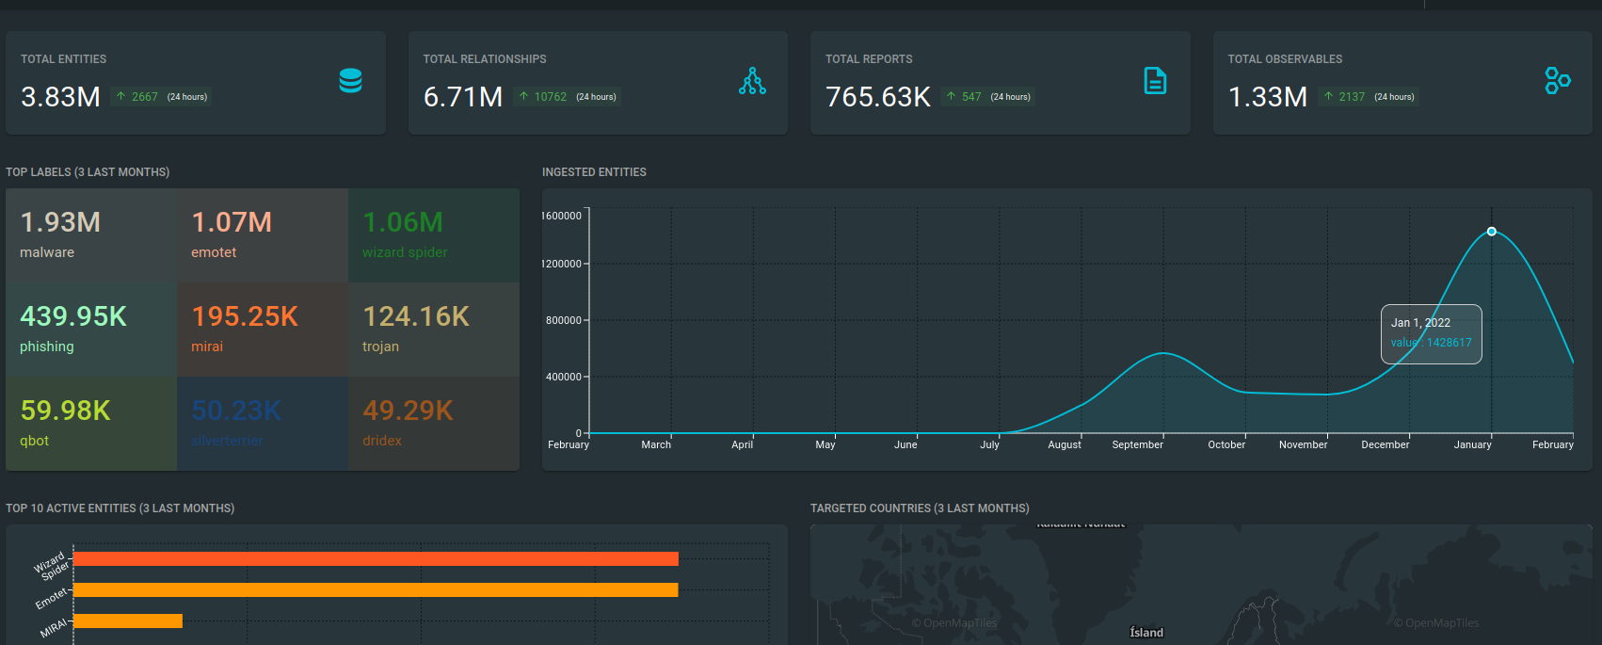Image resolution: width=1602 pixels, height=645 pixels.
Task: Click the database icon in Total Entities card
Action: click(351, 81)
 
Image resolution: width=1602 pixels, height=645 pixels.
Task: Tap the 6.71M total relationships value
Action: click(463, 97)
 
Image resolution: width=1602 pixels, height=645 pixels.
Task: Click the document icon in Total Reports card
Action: click(1155, 81)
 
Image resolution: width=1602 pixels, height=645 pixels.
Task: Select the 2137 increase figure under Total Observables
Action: click(1352, 97)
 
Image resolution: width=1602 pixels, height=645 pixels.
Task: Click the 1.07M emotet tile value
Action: click(232, 222)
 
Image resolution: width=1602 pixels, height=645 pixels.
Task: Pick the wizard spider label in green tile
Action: click(405, 252)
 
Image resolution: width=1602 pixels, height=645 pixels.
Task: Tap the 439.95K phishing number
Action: click(73, 316)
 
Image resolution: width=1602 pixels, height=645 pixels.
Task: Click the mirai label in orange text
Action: click(207, 347)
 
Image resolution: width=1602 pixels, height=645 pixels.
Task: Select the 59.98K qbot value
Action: click(66, 411)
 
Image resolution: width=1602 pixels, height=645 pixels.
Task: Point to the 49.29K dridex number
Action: click(408, 411)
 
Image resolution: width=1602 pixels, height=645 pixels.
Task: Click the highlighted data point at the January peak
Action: click(1492, 232)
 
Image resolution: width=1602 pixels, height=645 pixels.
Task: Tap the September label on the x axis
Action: click(1137, 444)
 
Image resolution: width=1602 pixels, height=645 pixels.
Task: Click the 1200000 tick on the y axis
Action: click(561, 264)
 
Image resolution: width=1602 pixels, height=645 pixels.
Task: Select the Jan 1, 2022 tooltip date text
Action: click(1420, 323)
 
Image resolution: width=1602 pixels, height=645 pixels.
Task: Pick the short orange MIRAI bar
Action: click(127, 621)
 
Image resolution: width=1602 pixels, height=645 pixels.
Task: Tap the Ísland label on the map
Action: click(1146, 633)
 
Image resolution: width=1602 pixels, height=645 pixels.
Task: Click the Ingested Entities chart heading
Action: click(594, 172)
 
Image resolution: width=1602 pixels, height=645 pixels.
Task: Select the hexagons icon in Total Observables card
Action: click(1557, 81)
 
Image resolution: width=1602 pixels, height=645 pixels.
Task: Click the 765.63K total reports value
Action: click(877, 97)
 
